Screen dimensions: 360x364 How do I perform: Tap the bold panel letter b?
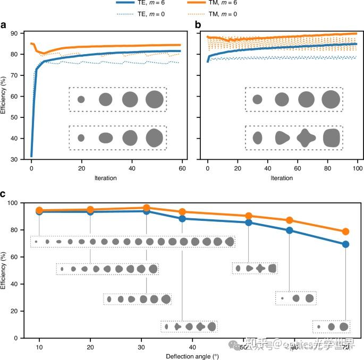(x=198, y=25)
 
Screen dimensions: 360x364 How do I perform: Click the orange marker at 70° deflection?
(x=345, y=232)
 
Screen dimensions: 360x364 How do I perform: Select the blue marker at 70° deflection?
(x=345, y=244)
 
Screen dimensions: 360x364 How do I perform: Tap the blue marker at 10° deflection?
(x=39, y=211)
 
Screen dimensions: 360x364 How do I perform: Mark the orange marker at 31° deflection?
(x=146, y=208)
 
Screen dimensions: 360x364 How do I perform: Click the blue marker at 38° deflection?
(x=182, y=218)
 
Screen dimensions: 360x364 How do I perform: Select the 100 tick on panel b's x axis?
(x=357, y=169)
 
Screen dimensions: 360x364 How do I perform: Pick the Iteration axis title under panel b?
(x=282, y=178)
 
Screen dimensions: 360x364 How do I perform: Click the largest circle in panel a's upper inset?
(x=154, y=99)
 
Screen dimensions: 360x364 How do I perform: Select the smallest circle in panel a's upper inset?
(x=81, y=99)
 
